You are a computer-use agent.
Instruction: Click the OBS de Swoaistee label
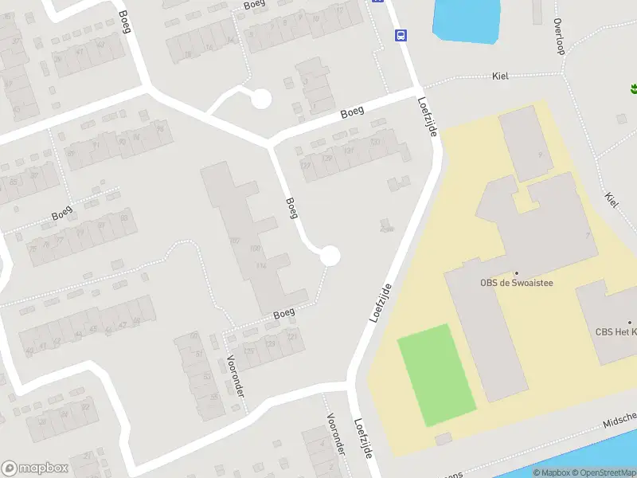pyautogui.click(x=516, y=282)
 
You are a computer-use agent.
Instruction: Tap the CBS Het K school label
pyautogui.click(x=616, y=332)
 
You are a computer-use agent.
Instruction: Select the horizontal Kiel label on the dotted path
pyautogui.click(x=500, y=76)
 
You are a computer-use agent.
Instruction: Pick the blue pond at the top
pyautogui.click(x=466, y=20)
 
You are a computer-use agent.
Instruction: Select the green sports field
pyautogui.click(x=436, y=374)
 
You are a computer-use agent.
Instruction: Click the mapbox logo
pyautogui.click(x=35, y=468)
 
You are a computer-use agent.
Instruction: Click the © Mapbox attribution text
pyautogui.click(x=550, y=472)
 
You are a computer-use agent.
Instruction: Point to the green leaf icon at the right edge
pyautogui.click(x=634, y=88)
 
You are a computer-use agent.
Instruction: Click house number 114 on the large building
pyautogui.click(x=261, y=265)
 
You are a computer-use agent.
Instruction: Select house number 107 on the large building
pyautogui.click(x=234, y=240)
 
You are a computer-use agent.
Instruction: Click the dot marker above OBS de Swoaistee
pyautogui.click(x=516, y=272)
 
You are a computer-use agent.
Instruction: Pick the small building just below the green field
pyautogui.click(x=443, y=438)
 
